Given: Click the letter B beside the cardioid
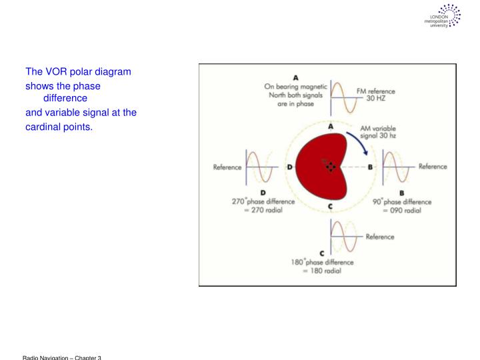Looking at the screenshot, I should click(x=371, y=167).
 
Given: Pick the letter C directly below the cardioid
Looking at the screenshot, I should click(x=330, y=207).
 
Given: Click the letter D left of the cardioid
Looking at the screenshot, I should click(x=290, y=167).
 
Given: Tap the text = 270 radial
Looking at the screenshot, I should click(x=259, y=210).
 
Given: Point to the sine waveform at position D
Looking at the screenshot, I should click(x=260, y=167).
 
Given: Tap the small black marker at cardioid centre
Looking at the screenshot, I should click(x=331, y=167).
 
